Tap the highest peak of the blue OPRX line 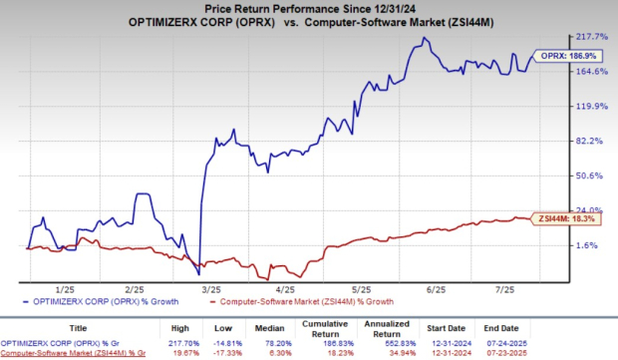(426, 38)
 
